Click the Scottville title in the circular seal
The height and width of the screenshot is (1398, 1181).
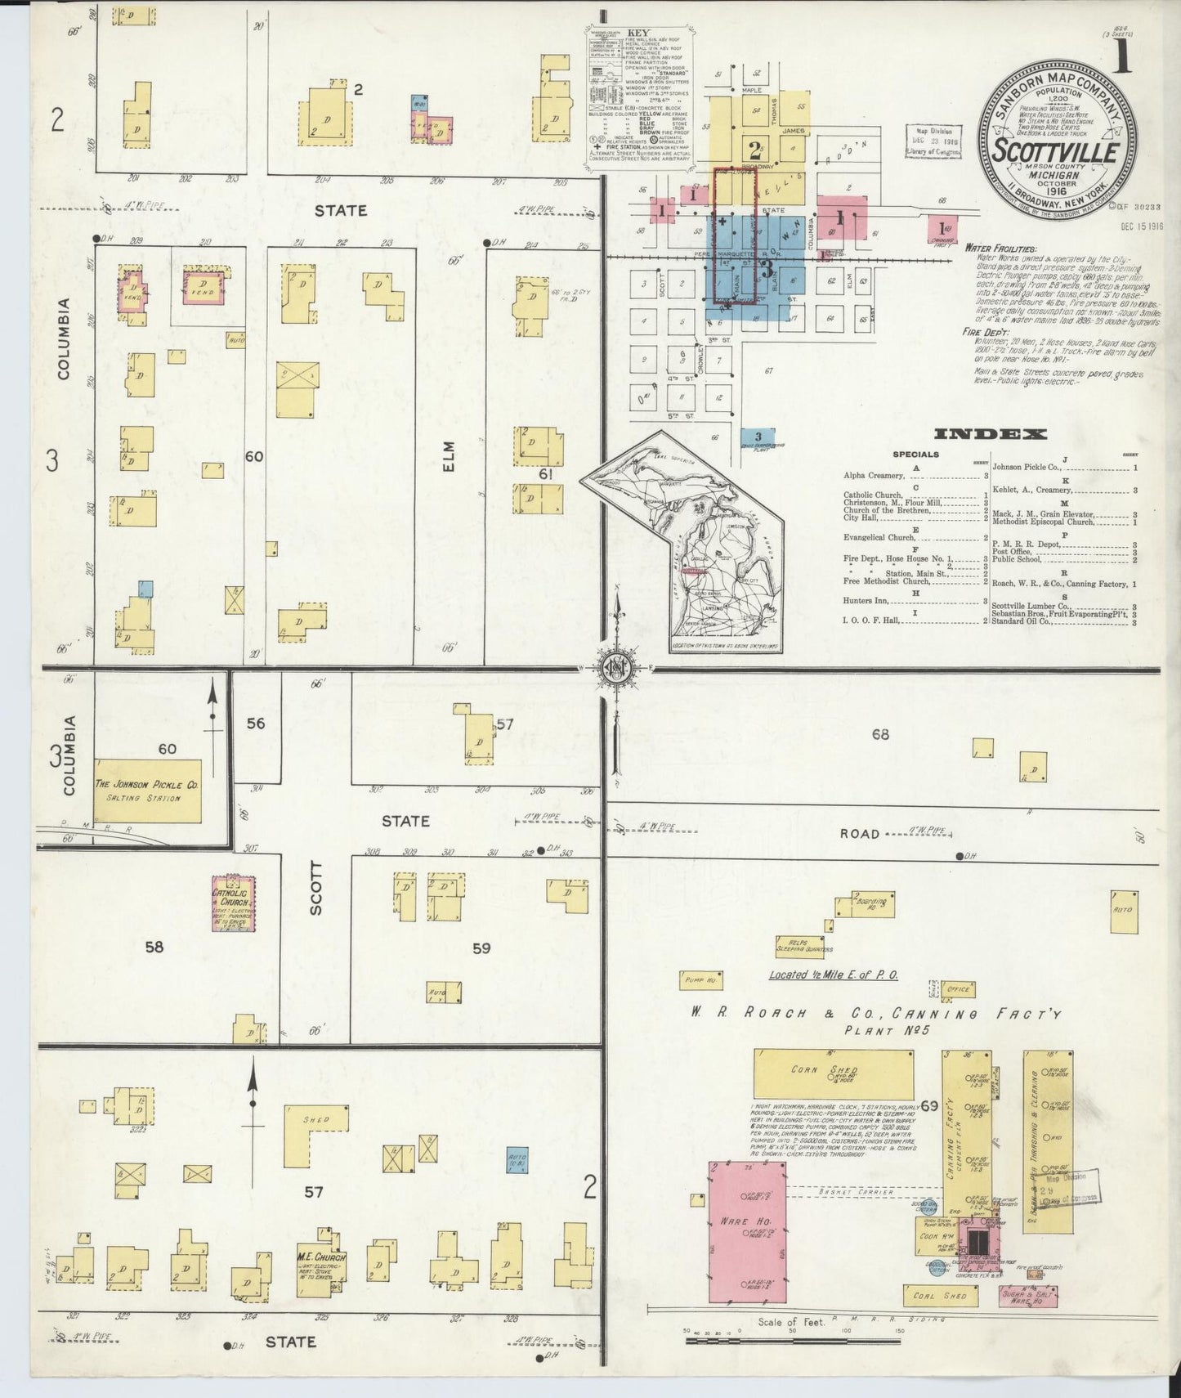(1056, 152)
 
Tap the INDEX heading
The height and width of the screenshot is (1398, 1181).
(990, 434)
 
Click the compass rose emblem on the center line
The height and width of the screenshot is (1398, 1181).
(613, 670)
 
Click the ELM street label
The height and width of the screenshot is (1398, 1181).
(448, 456)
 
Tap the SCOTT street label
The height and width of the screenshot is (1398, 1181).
(316, 888)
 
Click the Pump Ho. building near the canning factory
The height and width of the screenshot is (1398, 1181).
(700, 979)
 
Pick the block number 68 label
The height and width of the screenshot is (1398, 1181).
(879, 734)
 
